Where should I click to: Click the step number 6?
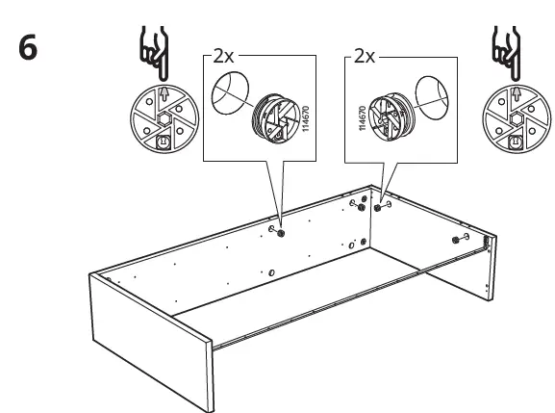tap(29, 48)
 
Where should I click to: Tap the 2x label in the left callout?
tap(224, 57)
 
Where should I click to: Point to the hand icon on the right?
tap(503, 54)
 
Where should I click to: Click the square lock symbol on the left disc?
tap(162, 142)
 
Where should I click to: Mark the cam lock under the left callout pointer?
tap(281, 231)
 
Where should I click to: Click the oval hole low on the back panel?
tap(272, 274)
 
